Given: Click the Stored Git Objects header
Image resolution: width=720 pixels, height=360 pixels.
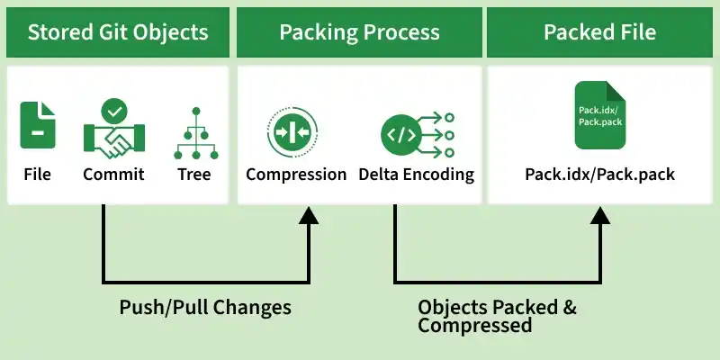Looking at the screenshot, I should [118, 33].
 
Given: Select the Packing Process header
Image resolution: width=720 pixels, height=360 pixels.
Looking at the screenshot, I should [359, 33].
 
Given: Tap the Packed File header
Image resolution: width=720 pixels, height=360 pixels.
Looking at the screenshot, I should [599, 33].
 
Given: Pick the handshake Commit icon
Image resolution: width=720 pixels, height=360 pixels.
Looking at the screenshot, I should [113, 135].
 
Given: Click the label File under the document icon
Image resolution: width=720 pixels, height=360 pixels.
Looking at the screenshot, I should [38, 174].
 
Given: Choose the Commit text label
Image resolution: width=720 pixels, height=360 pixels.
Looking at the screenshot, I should [113, 174].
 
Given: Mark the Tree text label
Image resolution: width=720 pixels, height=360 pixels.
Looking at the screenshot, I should [193, 174].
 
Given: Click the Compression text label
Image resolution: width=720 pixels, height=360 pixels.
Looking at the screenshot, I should [296, 174].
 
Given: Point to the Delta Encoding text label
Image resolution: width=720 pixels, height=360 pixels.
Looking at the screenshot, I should [416, 174].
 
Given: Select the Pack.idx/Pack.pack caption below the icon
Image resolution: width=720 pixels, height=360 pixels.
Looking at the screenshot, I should [599, 174].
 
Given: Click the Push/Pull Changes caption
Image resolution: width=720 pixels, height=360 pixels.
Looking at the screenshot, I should [205, 307].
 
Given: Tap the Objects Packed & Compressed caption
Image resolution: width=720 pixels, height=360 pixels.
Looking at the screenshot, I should [497, 316].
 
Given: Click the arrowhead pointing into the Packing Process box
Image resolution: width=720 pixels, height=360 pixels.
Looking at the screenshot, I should [310, 214].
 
